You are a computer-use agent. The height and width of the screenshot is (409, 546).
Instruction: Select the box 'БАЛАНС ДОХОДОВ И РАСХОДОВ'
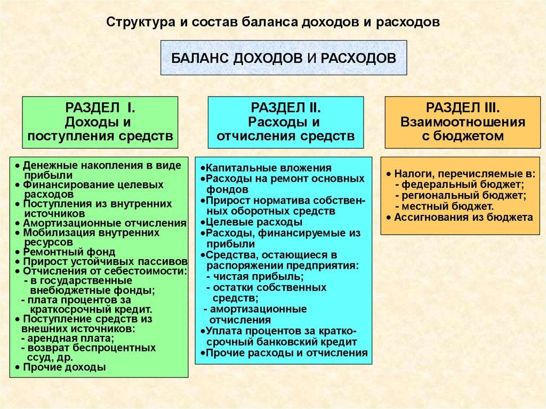pos(284,57)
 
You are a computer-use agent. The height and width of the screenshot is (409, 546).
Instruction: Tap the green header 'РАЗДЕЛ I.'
pos(100,108)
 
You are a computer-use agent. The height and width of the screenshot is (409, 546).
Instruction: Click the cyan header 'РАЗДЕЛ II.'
pos(285,108)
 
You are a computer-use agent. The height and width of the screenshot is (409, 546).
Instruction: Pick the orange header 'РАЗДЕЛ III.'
pos(462,108)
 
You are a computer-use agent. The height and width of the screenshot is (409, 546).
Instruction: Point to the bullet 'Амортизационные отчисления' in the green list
pos(101,223)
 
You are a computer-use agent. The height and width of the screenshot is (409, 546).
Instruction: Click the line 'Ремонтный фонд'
pos(68,252)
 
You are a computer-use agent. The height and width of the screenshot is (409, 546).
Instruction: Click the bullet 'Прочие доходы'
pos(63,367)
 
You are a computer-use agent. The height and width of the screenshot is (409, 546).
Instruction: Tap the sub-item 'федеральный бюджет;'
pos(463,185)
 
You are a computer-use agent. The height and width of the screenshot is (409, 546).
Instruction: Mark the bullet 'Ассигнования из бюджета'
pos(462,217)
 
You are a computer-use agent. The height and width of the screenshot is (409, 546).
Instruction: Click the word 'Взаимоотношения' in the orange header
pos(462,122)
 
